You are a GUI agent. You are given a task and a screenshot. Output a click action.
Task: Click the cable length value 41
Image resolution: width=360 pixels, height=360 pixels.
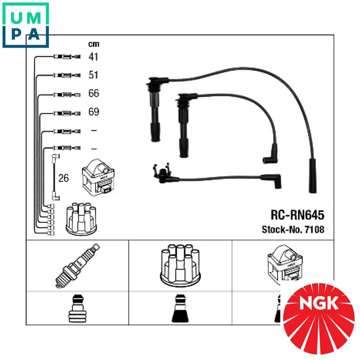click(x=93, y=57)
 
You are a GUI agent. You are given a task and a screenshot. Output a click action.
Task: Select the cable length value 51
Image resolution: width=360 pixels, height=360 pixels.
click(x=93, y=75)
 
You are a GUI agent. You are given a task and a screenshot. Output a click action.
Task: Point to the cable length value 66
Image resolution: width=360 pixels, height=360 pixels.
click(x=93, y=93)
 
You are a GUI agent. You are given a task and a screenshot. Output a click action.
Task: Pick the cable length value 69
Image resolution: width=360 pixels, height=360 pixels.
click(x=93, y=112)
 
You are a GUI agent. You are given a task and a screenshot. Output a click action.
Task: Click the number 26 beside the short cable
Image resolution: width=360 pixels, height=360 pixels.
click(x=64, y=178)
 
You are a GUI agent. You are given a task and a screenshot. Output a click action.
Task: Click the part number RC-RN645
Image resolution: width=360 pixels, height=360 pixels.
click(x=297, y=215)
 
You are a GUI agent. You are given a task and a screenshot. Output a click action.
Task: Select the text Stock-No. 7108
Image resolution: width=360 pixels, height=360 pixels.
click(x=292, y=229)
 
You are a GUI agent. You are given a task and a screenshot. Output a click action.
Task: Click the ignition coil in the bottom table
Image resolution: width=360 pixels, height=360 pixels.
click(x=283, y=264)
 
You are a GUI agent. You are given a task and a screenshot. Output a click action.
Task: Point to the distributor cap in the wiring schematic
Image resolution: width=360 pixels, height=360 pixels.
click(x=79, y=220)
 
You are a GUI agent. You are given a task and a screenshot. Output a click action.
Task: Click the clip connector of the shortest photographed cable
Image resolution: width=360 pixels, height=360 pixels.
click(x=161, y=174)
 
